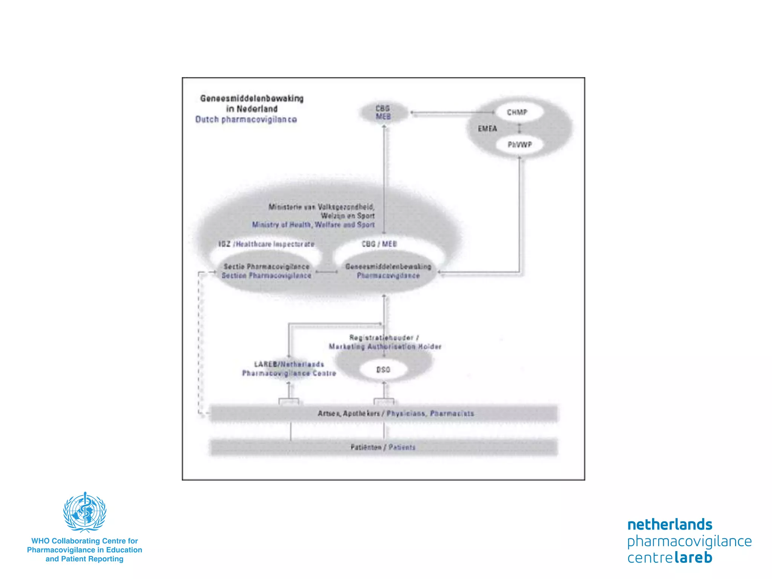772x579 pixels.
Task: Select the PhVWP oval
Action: coord(519,145)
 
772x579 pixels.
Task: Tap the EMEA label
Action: coord(487,129)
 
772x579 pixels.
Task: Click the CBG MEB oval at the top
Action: coord(383,112)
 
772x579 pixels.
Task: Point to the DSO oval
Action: coord(383,370)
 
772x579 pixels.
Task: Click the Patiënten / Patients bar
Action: coord(383,447)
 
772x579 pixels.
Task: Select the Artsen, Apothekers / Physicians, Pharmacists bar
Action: coord(383,414)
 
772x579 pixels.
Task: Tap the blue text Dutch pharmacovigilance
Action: coord(246,119)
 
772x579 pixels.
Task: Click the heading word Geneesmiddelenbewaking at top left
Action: coord(252,99)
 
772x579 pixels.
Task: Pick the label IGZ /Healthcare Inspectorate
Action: coord(266,244)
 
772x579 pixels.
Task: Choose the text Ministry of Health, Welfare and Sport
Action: coord(313,225)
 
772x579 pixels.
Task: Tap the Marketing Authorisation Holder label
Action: coord(385,347)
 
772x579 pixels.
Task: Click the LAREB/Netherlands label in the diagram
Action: coord(289,365)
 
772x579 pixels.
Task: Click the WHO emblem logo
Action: coord(85,512)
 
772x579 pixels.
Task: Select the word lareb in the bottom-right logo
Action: coord(693,558)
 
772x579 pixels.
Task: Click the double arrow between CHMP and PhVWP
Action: coord(519,129)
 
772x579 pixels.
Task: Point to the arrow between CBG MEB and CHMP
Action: coord(452,112)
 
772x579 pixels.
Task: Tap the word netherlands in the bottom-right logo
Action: coord(669,525)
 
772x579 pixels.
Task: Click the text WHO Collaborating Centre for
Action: coord(84,541)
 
